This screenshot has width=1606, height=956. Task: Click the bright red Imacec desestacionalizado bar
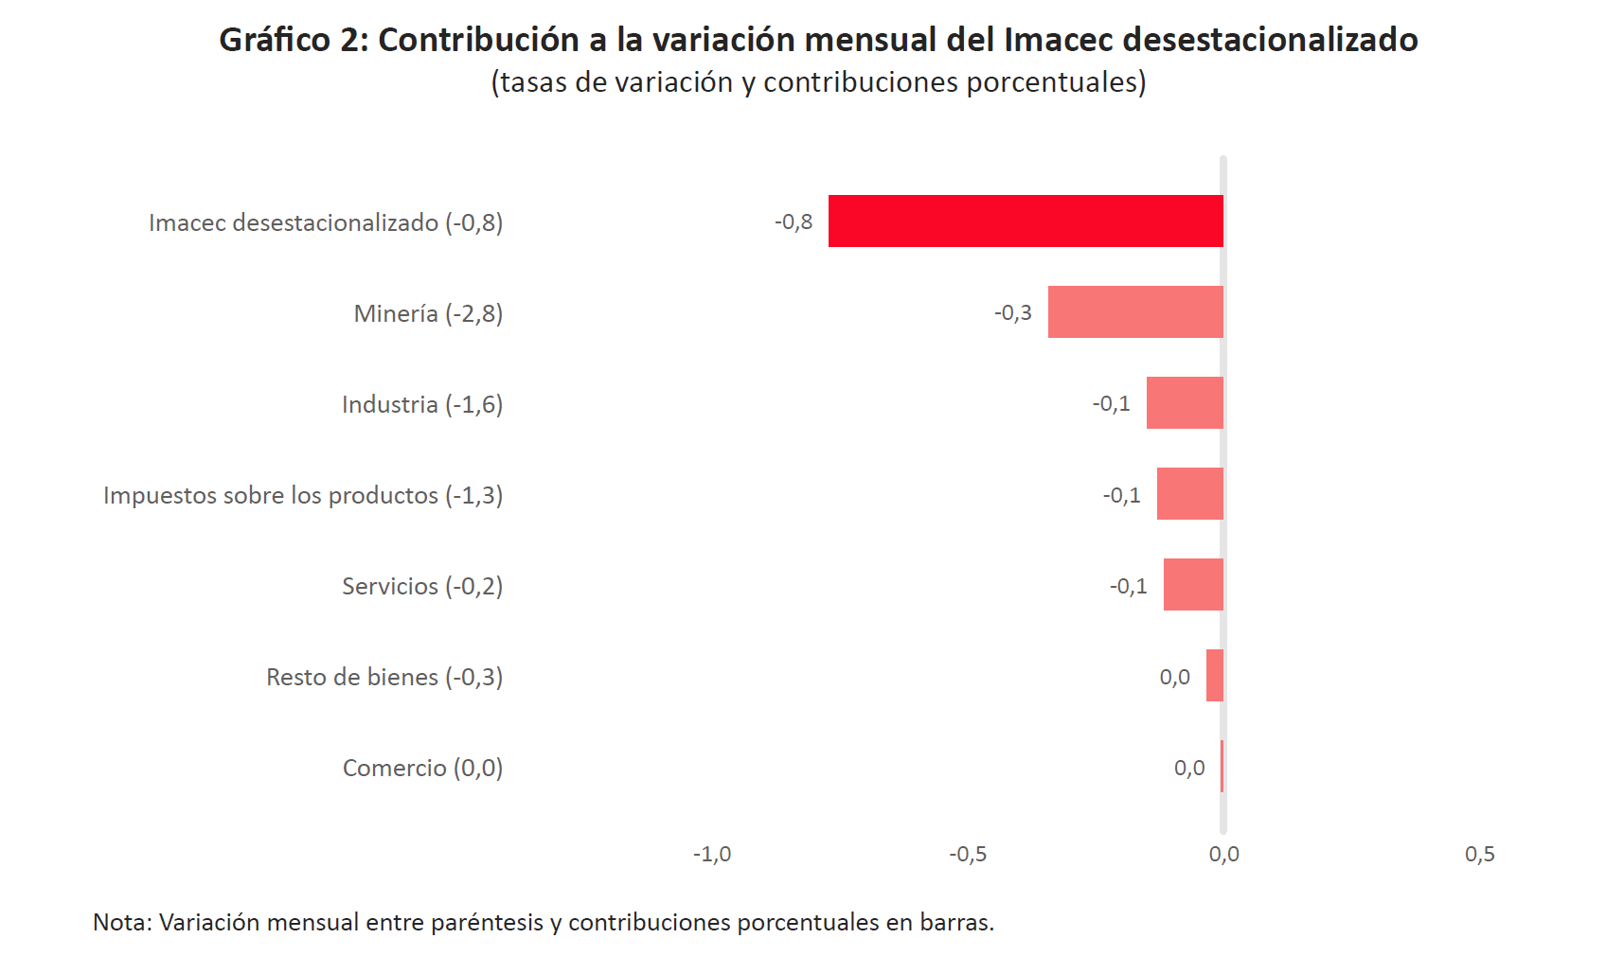(1026, 221)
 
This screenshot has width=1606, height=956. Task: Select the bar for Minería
(1135, 311)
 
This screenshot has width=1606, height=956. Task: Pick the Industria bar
(1185, 403)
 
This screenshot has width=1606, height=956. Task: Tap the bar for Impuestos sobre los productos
(1190, 494)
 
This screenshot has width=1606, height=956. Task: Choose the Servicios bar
(1193, 585)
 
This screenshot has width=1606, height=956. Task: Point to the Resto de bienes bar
(1215, 675)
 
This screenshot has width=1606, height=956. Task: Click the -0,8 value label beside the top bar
(794, 221)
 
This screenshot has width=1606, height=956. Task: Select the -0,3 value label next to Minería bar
(1013, 312)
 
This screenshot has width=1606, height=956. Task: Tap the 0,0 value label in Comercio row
(1189, 768)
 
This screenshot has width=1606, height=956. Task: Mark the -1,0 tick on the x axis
(712, 854)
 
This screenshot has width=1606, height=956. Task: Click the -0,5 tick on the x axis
(968, 854)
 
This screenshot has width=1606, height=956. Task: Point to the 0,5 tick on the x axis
(1480, 854)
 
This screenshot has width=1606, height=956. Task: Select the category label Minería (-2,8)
(428, 314)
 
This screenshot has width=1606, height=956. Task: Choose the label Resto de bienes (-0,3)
(384, 677)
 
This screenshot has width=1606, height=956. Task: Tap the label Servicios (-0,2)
(422, 586)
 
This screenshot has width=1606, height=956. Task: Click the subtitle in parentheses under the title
(819, 82)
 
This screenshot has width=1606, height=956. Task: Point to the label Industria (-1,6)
(422, 405)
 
